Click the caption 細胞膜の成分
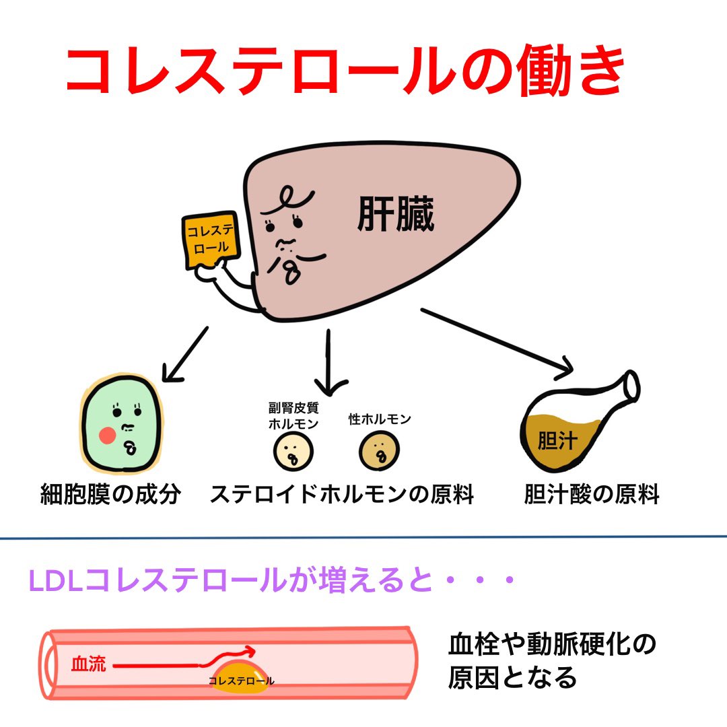coord(110,495)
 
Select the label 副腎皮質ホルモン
coord(293,415)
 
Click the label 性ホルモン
coord(380,419)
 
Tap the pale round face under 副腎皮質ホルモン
coord(293,451)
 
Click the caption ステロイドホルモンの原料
coord(342,495)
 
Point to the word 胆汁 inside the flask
coord(556,442)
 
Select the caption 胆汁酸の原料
coord(592,495)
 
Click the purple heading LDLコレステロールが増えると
coord(269,580)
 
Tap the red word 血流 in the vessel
coord(88,664)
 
